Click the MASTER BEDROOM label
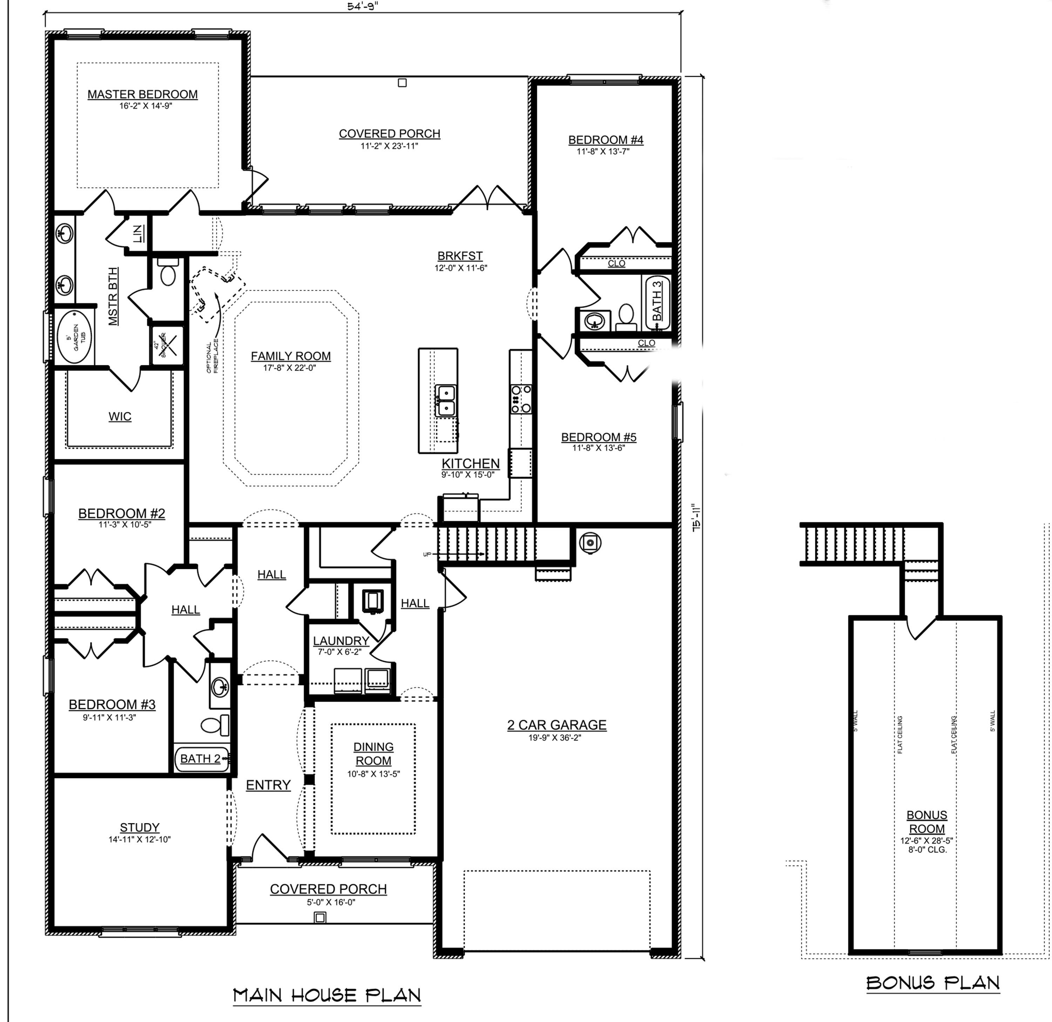(142, 94)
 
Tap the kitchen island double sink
(445, 400)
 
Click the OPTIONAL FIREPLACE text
(213, 356)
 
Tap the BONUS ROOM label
(926, 822)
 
